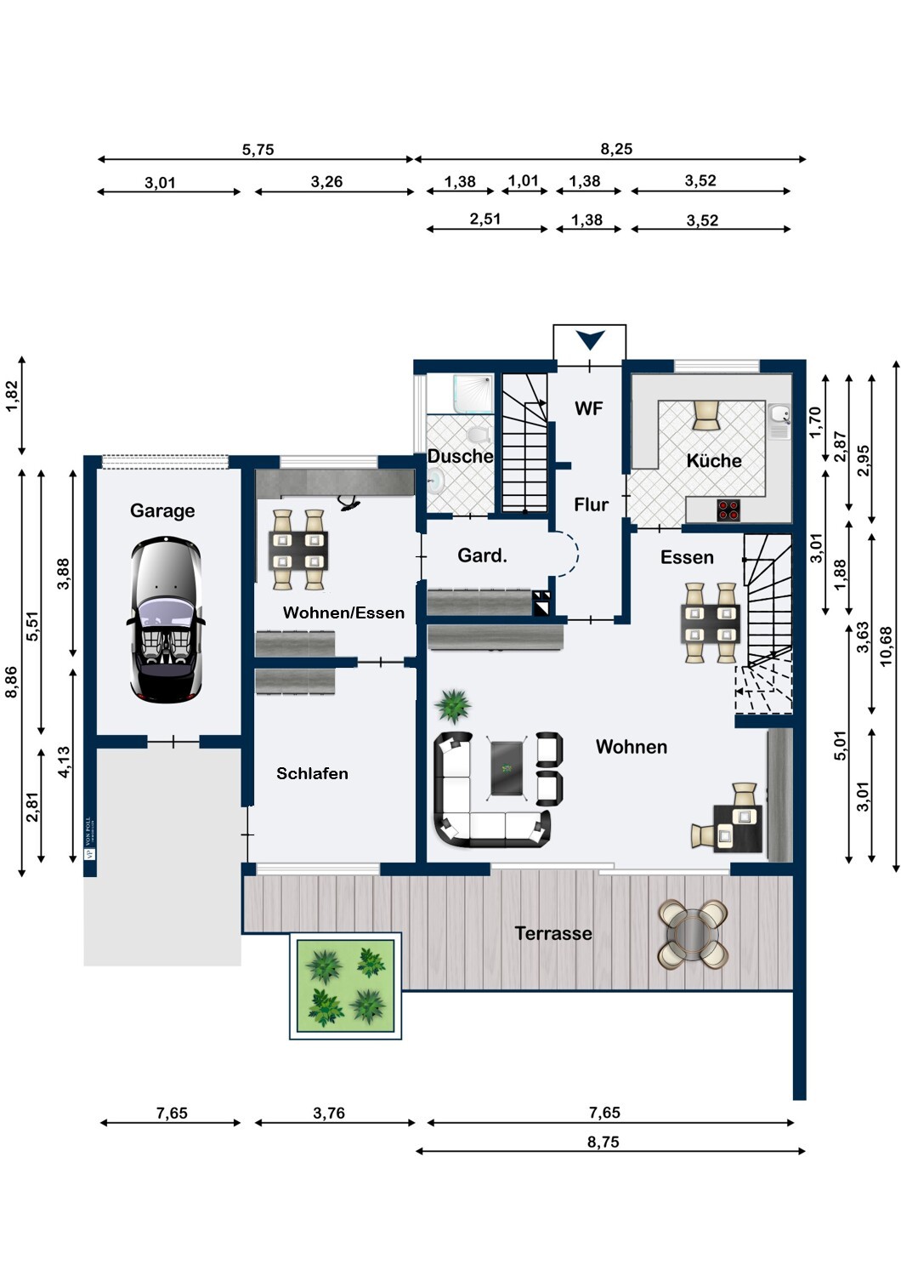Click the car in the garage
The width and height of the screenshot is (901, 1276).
pyautogui.click(x=166, y=619)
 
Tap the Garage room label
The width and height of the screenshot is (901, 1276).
pyautogui.click(x=162, y=510)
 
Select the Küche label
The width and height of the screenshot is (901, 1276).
pyautogui.click(x=714, y=460)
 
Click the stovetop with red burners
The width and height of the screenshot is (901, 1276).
pyautogui.click(x=728, y=510)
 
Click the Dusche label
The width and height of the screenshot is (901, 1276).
pyautogui.click(x=460, y=456)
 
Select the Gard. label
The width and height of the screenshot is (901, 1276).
pyautogui.click(x=482, y=555)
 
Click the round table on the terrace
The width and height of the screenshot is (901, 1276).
pyautogui.click(x=693, y=934)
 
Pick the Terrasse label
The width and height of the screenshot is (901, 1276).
pyautogui.click(x=553, y=933)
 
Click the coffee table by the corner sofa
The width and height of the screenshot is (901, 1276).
pyautogui.click(x=507, y=768)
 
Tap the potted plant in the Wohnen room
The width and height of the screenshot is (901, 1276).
pyautogui.click(x=452, y=705)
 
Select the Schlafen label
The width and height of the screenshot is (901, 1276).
pyautogui.click(x=312, y=773)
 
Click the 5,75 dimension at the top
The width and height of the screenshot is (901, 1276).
pyautogui.click(x=258, y=150)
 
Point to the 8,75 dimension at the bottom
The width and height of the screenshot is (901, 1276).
pyautogui.click(x=603, y=1142)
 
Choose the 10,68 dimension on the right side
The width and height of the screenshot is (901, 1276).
pyautogui.click(x=887, y=647)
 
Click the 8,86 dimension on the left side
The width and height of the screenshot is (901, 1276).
pyautogui.click(x=11, y=681)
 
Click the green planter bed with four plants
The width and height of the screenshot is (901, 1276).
pyautogui.click(x=345, y=985)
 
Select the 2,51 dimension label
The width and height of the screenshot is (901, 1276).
pyautogui.click(x=485, y=219)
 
